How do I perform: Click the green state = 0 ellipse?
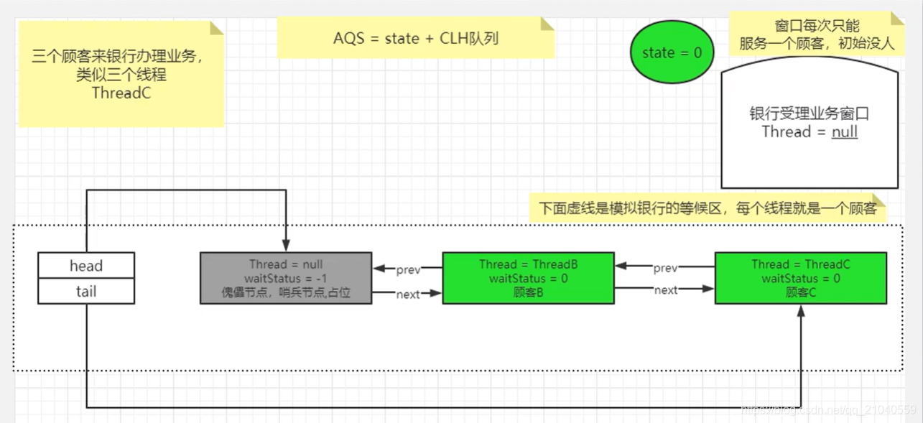(672, 52)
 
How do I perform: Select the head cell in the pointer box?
(86, 266)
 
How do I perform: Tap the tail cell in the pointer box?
(86, 291)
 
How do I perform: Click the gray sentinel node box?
(286, 278)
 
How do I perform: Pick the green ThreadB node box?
(528, 278)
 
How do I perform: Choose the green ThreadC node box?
(800, 278)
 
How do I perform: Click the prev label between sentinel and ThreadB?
(408, 270)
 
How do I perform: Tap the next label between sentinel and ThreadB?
(407, 294)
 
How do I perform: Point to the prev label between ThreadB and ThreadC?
(665, 268)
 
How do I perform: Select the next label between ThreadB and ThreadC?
(665, 290)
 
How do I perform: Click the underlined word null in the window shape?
(844, 131)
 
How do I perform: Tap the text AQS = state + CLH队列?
(415, 38)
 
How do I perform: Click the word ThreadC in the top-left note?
(121, 93)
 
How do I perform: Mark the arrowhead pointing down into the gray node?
(286, 246)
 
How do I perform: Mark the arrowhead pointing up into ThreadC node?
(801, 310)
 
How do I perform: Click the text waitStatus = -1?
(286, 279)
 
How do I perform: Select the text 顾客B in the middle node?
(528, 292)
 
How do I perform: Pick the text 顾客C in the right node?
(800, 292)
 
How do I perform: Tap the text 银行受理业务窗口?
(810, 114)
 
